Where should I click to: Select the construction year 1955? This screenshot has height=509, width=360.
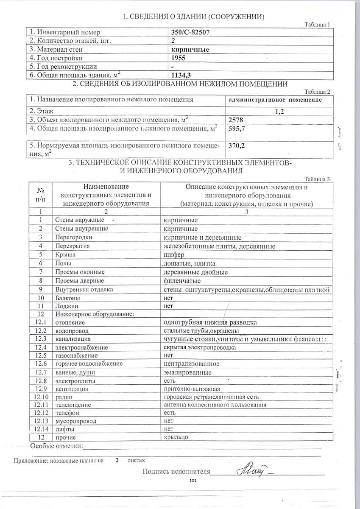[x=178, y=58]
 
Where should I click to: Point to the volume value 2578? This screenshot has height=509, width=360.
[x=236, y=120]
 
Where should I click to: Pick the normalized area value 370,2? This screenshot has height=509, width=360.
[x=237, y=145]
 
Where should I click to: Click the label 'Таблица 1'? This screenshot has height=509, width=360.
[x=317, y=24]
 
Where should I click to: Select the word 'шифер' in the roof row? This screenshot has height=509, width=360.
[x=173, y=255]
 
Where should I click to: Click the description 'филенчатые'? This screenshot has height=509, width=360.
[x=182, y=281]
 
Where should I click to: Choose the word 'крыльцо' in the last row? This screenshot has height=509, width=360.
[x=176, y=437]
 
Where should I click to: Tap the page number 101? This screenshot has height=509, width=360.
[x=194, y=481]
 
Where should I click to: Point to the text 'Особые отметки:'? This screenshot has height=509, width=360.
[x=56, y=446]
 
